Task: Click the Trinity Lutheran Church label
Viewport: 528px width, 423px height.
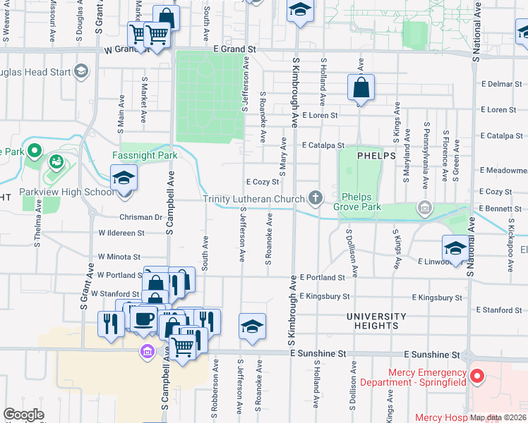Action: tap(253, 199)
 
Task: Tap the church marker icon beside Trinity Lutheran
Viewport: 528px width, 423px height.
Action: tap(315, 199)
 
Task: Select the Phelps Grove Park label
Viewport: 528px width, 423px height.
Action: tap(361, 202)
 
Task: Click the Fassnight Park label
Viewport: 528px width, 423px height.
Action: tap(144, 155)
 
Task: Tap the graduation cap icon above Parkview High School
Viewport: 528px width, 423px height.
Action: tap(124, 178)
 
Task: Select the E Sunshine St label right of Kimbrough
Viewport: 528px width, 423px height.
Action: tap(431, 355)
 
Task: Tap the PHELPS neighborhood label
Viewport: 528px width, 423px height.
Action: tap(376, 155)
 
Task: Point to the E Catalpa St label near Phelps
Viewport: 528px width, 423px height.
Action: tap(323, 145)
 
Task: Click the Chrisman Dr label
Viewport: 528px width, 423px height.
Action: tap(141, 217)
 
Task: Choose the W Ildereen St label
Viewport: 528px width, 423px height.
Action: tap(121, 232)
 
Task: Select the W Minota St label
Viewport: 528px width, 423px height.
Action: tap(119, 257)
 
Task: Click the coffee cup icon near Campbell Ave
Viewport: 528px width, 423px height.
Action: tap(144, 319)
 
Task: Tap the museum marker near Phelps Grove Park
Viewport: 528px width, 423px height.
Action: tap(424, 207)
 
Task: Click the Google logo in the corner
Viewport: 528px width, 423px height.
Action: tap(23, 415)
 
